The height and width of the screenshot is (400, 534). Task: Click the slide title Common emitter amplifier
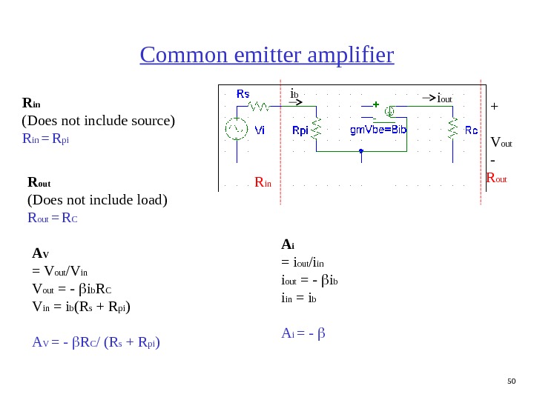[267, 56]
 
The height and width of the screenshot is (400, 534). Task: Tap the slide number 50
[510, 381]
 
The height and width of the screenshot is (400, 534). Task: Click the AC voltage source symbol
[237, 130]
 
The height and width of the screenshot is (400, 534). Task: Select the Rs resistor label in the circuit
[243, 94]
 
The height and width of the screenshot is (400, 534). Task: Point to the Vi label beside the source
[260, 130]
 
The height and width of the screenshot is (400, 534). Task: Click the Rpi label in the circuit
[300, 130]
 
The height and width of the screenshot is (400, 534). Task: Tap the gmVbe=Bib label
[378, 130]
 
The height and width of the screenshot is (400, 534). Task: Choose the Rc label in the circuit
[471, 130]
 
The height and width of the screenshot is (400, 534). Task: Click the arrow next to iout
[428, 97]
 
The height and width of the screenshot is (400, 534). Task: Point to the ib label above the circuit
[294, 94]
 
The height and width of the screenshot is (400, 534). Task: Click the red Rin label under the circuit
[263, 181]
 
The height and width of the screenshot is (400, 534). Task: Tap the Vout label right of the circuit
[501, 141]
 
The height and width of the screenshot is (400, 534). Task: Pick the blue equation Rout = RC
[53, 218]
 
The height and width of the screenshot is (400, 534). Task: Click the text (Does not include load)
[97, 199]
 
